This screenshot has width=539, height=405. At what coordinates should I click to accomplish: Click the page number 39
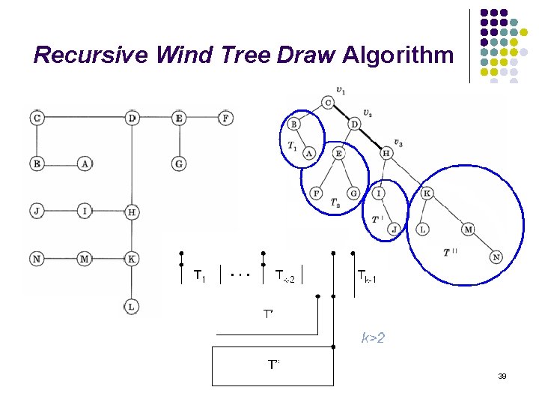502,375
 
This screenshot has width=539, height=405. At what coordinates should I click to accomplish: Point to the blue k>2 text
373,339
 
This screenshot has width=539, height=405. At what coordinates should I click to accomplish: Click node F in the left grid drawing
226,118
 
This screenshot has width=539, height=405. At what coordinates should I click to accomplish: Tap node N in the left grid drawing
37,259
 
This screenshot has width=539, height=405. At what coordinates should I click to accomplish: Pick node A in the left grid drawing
85,163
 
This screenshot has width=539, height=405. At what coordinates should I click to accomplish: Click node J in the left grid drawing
37,211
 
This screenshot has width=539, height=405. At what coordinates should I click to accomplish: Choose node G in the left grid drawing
178,163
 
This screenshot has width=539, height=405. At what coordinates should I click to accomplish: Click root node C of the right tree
328,102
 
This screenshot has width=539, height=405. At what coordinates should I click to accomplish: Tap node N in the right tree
496,257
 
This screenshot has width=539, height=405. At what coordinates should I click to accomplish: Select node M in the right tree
469,229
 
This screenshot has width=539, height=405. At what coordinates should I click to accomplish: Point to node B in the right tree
294,124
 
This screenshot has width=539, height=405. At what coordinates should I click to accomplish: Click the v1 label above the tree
341,91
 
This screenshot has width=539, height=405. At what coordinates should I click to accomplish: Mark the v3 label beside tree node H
398,143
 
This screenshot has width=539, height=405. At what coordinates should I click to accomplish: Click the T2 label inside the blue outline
335,204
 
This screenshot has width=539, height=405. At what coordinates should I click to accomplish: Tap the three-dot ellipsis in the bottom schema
240,274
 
